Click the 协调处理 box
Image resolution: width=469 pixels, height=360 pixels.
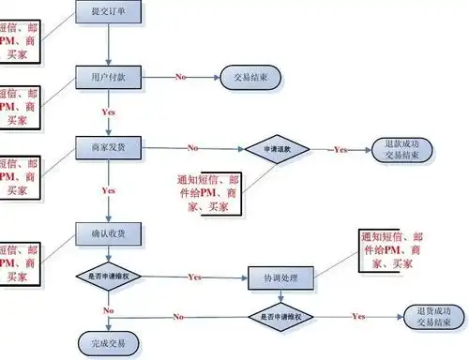pos(280,278)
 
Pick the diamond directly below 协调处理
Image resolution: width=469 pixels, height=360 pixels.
pos(280,316)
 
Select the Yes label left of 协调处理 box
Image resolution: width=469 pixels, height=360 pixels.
pos(195,277)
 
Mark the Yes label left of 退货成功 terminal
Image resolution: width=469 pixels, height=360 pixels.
pos(358,316)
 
